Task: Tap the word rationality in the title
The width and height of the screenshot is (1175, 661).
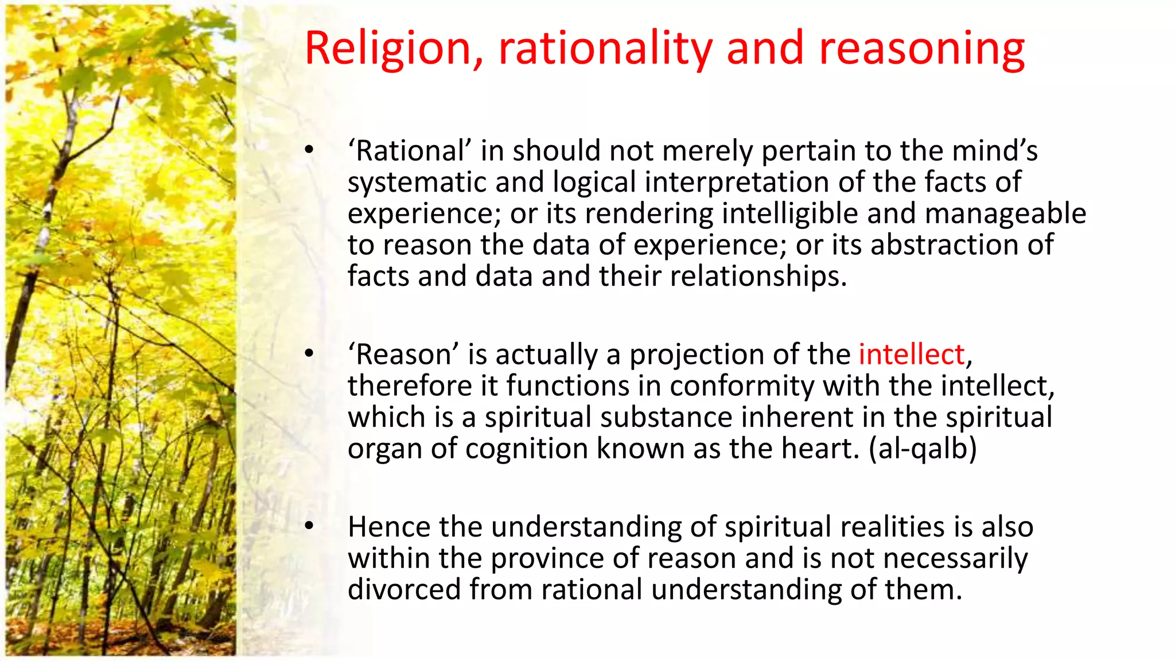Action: click(x=605, y=49)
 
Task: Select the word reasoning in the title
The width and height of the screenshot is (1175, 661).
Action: click(x=921, y=49)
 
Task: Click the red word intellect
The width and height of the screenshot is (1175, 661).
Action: click(x=911, y=354)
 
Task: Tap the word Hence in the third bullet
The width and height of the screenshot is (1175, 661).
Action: click(x=388, y=527)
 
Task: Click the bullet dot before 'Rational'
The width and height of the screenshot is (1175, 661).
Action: click(x=309, y=151)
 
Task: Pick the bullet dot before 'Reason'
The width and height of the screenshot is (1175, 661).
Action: click(x=309, y=354)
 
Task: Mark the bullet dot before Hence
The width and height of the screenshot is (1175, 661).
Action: click(x=309, y=526)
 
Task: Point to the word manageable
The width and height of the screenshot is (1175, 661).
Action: click(x=1005, y=213)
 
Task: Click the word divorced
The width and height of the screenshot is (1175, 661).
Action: click(x=404, y=589)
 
